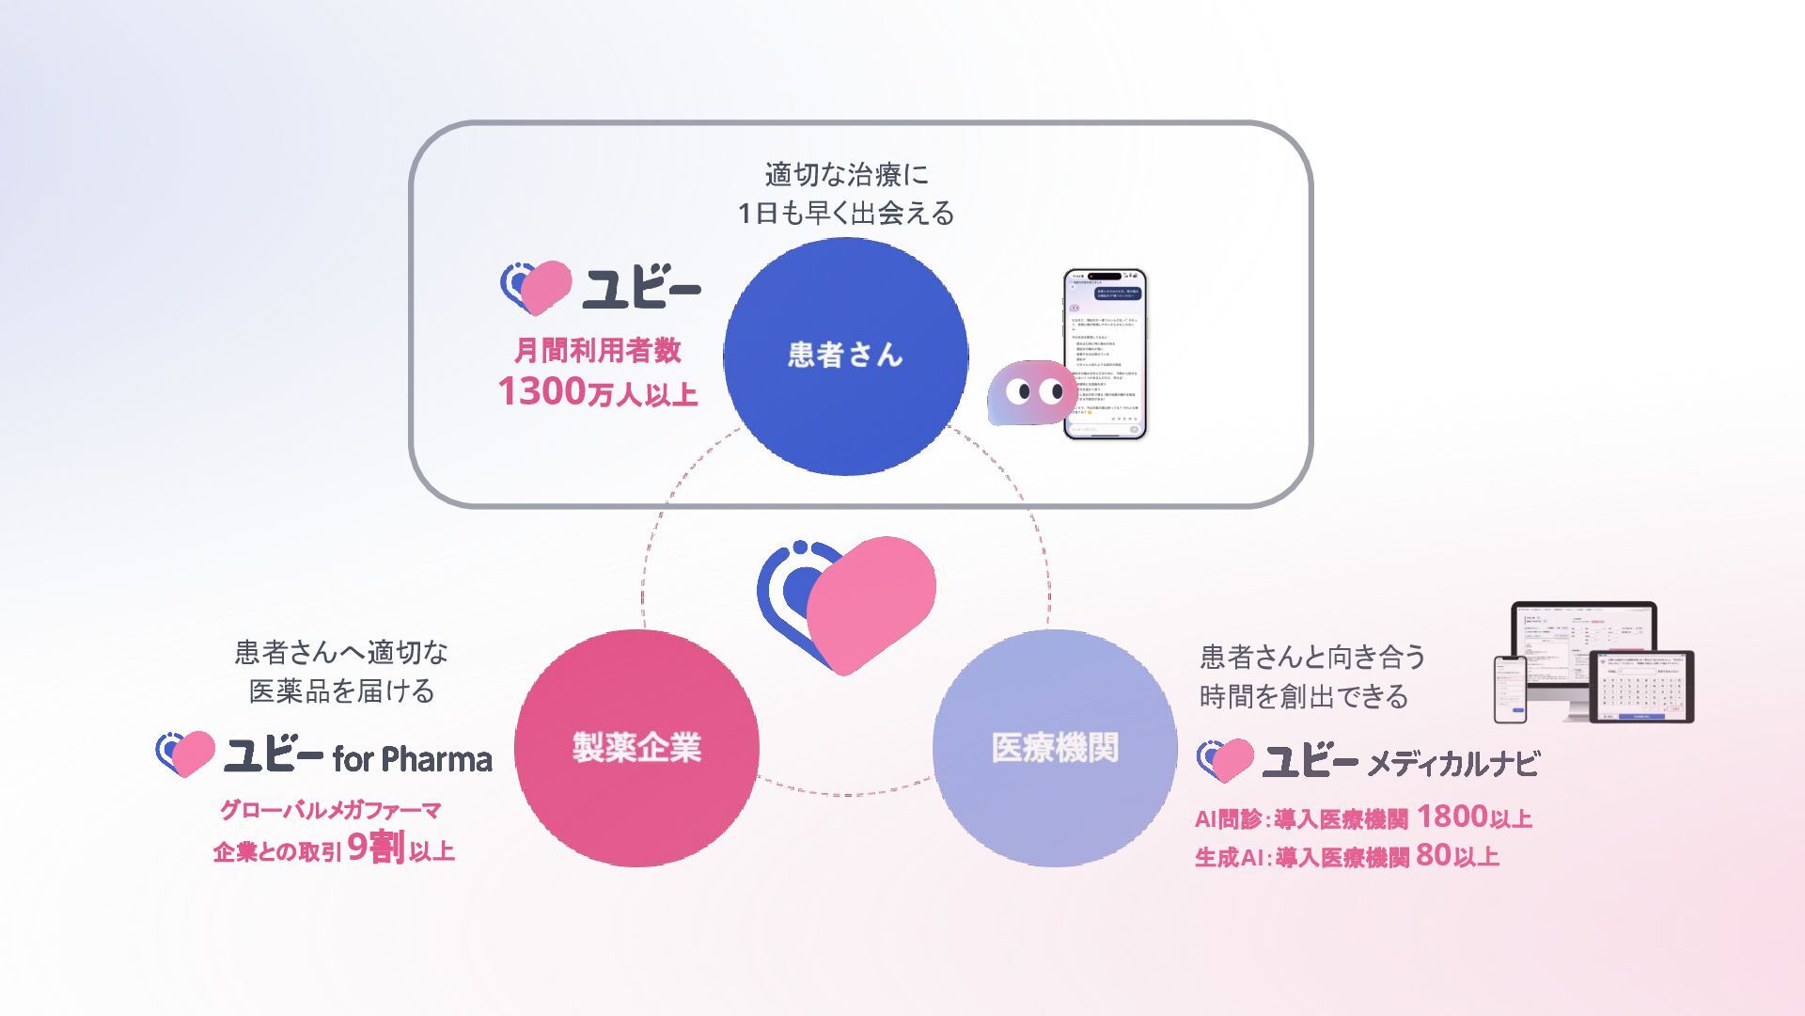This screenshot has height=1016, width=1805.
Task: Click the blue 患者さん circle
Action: click(x=845, y=356)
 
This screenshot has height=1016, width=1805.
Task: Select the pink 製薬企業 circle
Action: click(x=636, y=748)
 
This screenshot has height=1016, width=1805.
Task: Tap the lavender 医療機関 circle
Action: click(x=1055, y=748)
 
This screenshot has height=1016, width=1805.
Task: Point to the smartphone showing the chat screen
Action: click(x=1105, y=354)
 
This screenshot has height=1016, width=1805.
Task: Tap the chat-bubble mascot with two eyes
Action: click(x=1031, y=392)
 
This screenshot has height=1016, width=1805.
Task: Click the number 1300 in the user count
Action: click(x=542, y=391)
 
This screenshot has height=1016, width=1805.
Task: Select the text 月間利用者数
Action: click(x=597, y=351)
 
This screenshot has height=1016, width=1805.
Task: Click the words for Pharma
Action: click(x=412, y=759)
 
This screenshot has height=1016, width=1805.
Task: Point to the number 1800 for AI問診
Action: click(x=1452, y=817)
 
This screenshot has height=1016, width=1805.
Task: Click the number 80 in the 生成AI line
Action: click(x=1433, y=854)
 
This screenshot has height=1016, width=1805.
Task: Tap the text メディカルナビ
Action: click(x=1452, y=763)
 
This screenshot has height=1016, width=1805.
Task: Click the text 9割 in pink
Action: click(x=376, y=849)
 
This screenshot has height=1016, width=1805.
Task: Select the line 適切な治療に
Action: click(x=846, y=174)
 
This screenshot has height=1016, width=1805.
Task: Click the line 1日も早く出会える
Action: click(x=846, y=214)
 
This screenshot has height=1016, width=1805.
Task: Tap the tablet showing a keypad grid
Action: click(x=1640, y=687)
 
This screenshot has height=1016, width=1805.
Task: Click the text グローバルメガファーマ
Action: click(x=330, y=810)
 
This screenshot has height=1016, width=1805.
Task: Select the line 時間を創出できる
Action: click(x=1304, y=696)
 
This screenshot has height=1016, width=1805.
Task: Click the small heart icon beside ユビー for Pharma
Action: click(x=185, y=754)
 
